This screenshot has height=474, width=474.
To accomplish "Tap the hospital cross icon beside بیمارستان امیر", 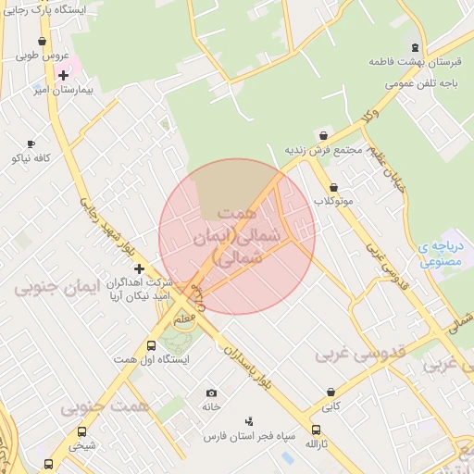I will (x=63, y=75).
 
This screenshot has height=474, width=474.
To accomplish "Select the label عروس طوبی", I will (x=42, y=56).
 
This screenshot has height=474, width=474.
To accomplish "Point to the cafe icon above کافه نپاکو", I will (x=31, y=143).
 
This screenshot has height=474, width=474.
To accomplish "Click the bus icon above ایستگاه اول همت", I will (x=152, y=345).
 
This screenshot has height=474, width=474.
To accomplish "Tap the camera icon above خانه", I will (x=211, y=393).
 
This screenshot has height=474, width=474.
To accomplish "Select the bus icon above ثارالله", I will (x=317, y=430).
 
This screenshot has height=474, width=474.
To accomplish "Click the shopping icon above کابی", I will (x=331, y=392).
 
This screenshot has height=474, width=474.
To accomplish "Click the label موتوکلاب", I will (x=333, y=201).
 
